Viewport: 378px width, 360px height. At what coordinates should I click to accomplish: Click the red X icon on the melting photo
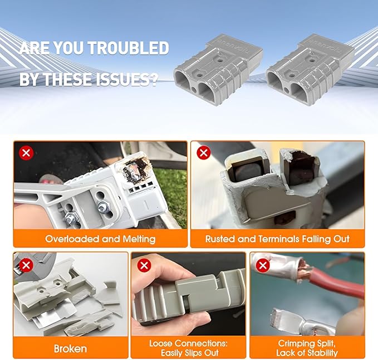[25, 153]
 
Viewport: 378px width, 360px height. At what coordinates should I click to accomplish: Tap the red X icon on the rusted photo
[203, 153]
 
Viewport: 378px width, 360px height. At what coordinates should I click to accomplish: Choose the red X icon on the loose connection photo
[144, 265]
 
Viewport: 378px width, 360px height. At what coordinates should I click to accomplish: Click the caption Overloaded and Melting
[100, 239]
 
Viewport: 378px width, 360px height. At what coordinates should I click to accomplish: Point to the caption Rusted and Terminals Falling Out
[277, 239]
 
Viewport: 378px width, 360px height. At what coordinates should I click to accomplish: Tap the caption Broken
[70, 349]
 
